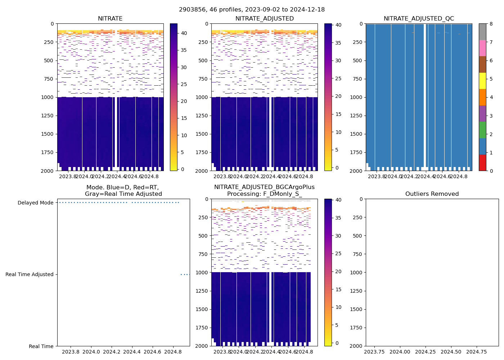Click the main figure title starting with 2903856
(x=252, y=9)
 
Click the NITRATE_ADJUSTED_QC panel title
(x=419, y=19)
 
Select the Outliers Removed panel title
(x=432, y=194)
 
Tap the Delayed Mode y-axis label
(x=35, y=203)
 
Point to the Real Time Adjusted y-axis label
(x=30, y=274)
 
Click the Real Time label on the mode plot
(x=41, y=346)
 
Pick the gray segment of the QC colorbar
(x=482, y=32)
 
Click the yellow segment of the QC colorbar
(x=482, y=81)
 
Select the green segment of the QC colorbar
(x=482, y=130)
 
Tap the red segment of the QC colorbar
(x=482, y=162)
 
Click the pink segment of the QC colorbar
(x=482, y=48)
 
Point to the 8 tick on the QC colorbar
(x=491, y=24)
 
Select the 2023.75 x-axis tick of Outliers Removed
(x=374, y=352)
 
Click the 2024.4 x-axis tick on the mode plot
(x=132, y=352)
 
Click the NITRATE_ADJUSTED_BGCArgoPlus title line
(x=264, y=187)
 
